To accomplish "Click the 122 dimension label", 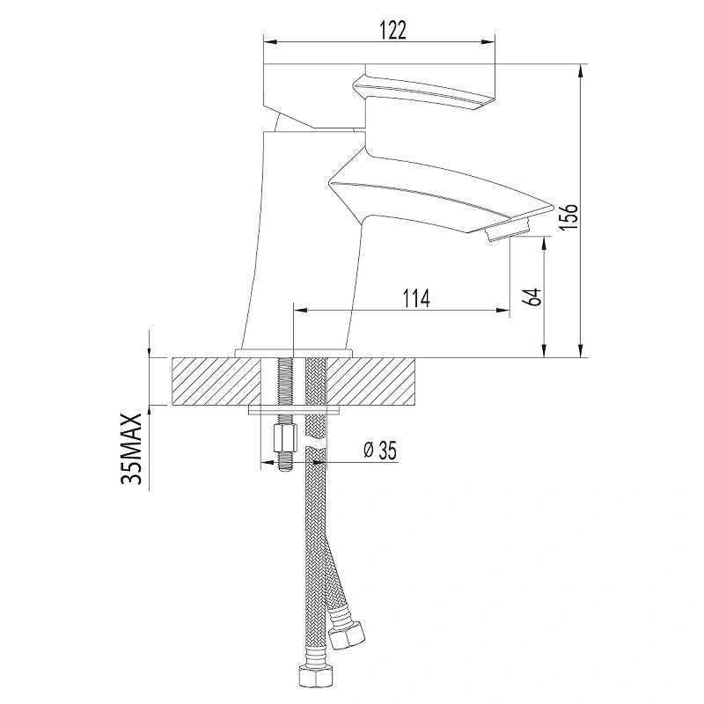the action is pos(392,31).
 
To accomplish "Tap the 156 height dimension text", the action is pos(568,217).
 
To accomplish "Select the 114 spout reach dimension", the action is pos(416,298).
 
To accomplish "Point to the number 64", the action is pos(533,297).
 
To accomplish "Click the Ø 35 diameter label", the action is pos(380,451).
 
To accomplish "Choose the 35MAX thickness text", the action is pos(132,449).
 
